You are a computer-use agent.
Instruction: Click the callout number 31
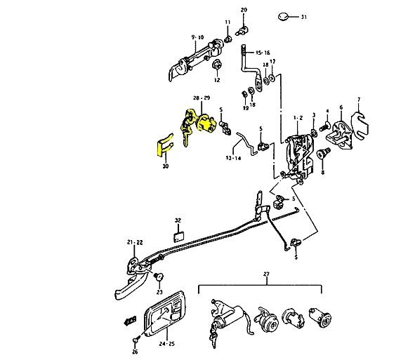pos(303,16)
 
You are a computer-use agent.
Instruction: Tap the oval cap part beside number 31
pos(284,15)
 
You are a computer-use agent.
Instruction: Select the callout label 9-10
pos(196,36)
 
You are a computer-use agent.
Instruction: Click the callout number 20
pos(244,9)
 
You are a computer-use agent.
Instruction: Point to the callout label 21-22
pos(135,242)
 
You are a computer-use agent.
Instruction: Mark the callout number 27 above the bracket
pos(266,274)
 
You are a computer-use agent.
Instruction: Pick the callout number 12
pos(217,81)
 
